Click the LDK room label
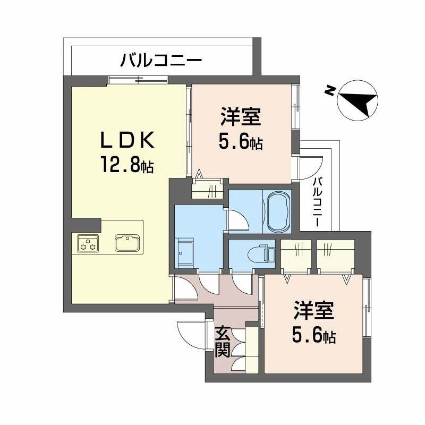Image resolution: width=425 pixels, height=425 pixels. [x=128, y=140]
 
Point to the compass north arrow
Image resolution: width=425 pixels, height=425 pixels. [x=358, y=100]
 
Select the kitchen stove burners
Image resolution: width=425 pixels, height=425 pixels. [x=87, y=244]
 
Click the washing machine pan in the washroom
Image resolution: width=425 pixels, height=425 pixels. [x=186, y=254]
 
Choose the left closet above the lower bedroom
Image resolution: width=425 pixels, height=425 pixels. [x=295, y=256]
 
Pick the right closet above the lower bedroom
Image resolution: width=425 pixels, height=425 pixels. [x=335, y=256]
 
